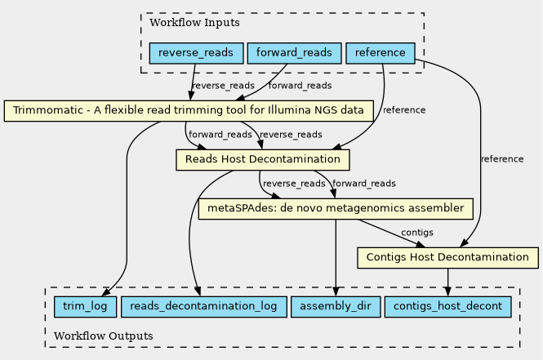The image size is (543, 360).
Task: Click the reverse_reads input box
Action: tap(197, 54)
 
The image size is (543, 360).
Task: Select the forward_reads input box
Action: tap(293, 54)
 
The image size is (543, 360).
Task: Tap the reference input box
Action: tap(381, 54)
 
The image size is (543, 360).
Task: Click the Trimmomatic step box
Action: tap(189, 110)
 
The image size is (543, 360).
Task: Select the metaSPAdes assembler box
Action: tap(336, 208)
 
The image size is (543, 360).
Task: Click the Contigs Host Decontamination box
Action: tap(447, 258)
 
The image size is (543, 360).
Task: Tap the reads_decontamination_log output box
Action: tap(203, 307)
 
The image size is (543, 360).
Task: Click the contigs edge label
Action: tap(416, 233)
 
